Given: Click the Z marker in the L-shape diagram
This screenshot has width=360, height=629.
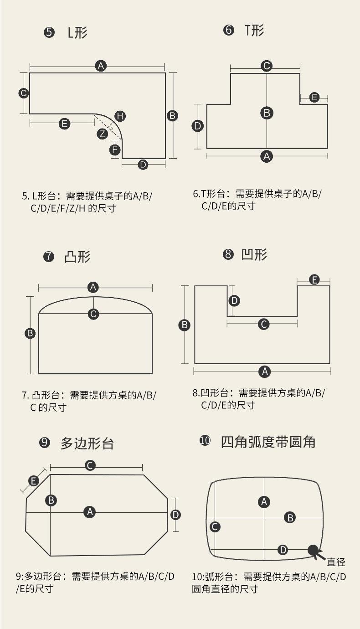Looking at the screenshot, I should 103,134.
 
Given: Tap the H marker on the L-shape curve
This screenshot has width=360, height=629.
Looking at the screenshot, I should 120,116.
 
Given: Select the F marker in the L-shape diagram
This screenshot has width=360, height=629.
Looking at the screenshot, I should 115,150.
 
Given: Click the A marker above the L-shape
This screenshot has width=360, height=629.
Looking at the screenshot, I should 101,66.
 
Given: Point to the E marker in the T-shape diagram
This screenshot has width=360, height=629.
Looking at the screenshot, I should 314,97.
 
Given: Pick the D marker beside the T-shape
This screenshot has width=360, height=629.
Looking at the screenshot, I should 197,126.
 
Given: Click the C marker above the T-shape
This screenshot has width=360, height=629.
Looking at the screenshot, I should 267,66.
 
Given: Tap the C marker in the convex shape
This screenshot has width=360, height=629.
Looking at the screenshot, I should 93,314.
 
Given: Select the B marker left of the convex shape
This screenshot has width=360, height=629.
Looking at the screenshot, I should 30,333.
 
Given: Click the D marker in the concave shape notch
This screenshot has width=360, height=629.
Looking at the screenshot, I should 234,300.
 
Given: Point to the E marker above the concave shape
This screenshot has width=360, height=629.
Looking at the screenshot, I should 314,280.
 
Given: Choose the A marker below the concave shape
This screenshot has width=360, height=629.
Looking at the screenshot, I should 265,371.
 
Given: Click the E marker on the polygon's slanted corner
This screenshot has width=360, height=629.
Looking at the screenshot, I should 34,481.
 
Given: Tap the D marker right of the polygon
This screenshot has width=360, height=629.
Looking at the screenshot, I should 175,515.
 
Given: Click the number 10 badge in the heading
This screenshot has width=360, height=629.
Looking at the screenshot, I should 205,441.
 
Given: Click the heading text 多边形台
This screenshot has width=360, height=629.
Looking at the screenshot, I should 87,443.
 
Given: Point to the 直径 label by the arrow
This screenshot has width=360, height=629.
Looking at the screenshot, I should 336,562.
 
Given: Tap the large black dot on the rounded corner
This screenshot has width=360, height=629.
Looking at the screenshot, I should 313,550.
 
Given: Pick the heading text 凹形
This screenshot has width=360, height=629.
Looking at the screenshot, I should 254,254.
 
